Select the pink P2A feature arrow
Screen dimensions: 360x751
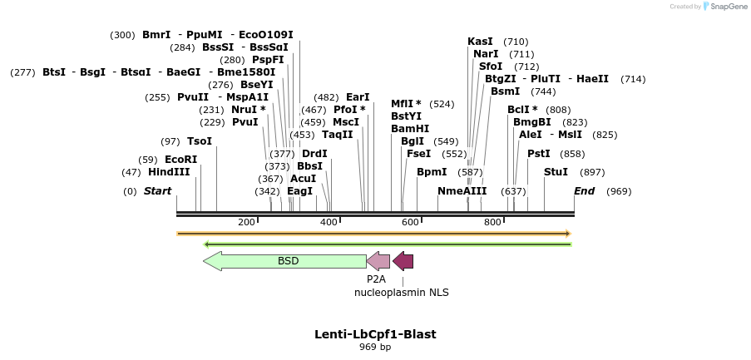click(x=378, y=261)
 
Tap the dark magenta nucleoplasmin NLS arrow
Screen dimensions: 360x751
click(x=403, y=261)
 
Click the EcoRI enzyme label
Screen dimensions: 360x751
click(x=180, y=160)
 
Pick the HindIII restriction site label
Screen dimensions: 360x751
click(x=169, y=172)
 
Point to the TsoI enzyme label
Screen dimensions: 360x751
click(x=200, y=141)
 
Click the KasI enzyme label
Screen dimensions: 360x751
click(x=480, y=42)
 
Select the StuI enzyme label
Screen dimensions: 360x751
click(x=556, y=172)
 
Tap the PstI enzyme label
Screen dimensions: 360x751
click(x=539, y=154)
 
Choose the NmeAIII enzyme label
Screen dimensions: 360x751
click(x=462, y=191)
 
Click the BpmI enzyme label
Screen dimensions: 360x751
click(x=432, y=172)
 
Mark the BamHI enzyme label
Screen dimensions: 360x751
click(x=410, y=129)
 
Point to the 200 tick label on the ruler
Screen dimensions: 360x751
click(x=246, y=222)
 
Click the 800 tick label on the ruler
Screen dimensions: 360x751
click(x=492, y=222)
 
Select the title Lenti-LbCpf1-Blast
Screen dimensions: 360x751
click(x=375, y=334)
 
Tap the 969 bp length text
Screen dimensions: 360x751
click(x=375, y=347)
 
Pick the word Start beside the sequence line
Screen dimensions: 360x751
click(x=157, y=191)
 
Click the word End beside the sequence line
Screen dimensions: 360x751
click(x=585, y=191)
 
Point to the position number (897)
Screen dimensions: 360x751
click(x=592, y=172)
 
